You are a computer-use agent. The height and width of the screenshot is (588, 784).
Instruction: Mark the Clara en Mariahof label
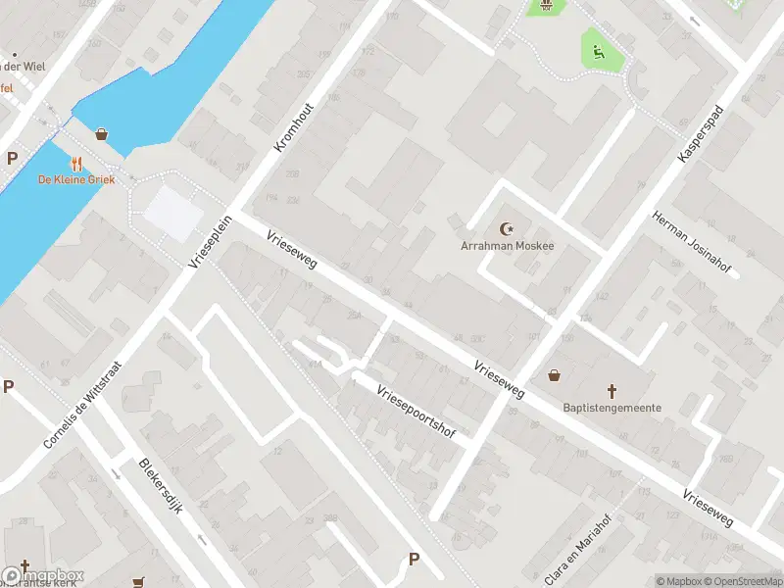pos(567,544)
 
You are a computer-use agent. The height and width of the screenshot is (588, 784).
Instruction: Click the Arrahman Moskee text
pos(507,246)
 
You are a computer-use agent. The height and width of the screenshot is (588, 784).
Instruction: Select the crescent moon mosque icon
pos(508,228)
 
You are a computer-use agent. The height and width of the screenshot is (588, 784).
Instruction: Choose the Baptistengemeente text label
pos(612,408)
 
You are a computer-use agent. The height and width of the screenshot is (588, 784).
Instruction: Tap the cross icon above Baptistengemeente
pos(612,390)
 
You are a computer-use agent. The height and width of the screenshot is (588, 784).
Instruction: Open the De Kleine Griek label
pos(76,179)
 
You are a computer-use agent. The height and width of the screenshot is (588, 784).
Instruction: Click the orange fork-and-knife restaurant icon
pos(77,163)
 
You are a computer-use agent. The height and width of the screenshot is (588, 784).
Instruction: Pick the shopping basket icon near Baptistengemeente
pos(555,374)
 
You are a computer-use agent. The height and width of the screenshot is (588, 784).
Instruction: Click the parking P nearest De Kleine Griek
pos(13,158)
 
